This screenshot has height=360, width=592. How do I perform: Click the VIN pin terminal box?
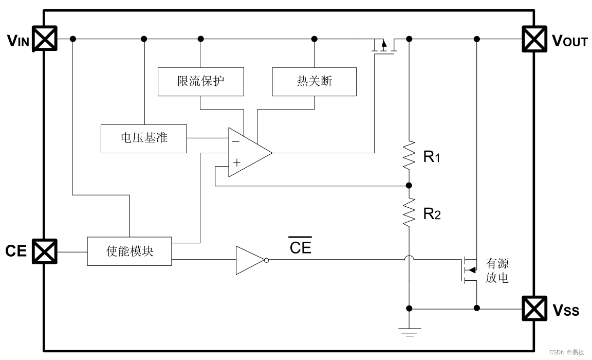point(45,39)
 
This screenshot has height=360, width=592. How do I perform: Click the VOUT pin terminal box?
point(534,39)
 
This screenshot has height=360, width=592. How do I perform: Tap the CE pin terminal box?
point(45,251)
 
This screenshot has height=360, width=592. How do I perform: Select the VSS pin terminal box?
point(534,309)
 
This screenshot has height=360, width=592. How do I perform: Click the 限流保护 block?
point(200,81)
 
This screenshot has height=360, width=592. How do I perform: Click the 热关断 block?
point(314,81)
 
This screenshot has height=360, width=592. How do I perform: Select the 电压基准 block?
point(144,138)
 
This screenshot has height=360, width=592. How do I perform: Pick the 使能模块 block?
point(129,251)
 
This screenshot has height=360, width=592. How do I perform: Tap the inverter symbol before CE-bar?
point(250,260)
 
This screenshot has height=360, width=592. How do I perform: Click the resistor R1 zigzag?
point(409,156)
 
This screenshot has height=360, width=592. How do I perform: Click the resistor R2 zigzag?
point(409,213)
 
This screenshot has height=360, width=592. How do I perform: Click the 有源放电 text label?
point(497,271)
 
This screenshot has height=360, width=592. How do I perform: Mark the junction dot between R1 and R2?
point(409,185)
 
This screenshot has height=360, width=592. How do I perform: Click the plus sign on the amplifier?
point(236,163)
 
